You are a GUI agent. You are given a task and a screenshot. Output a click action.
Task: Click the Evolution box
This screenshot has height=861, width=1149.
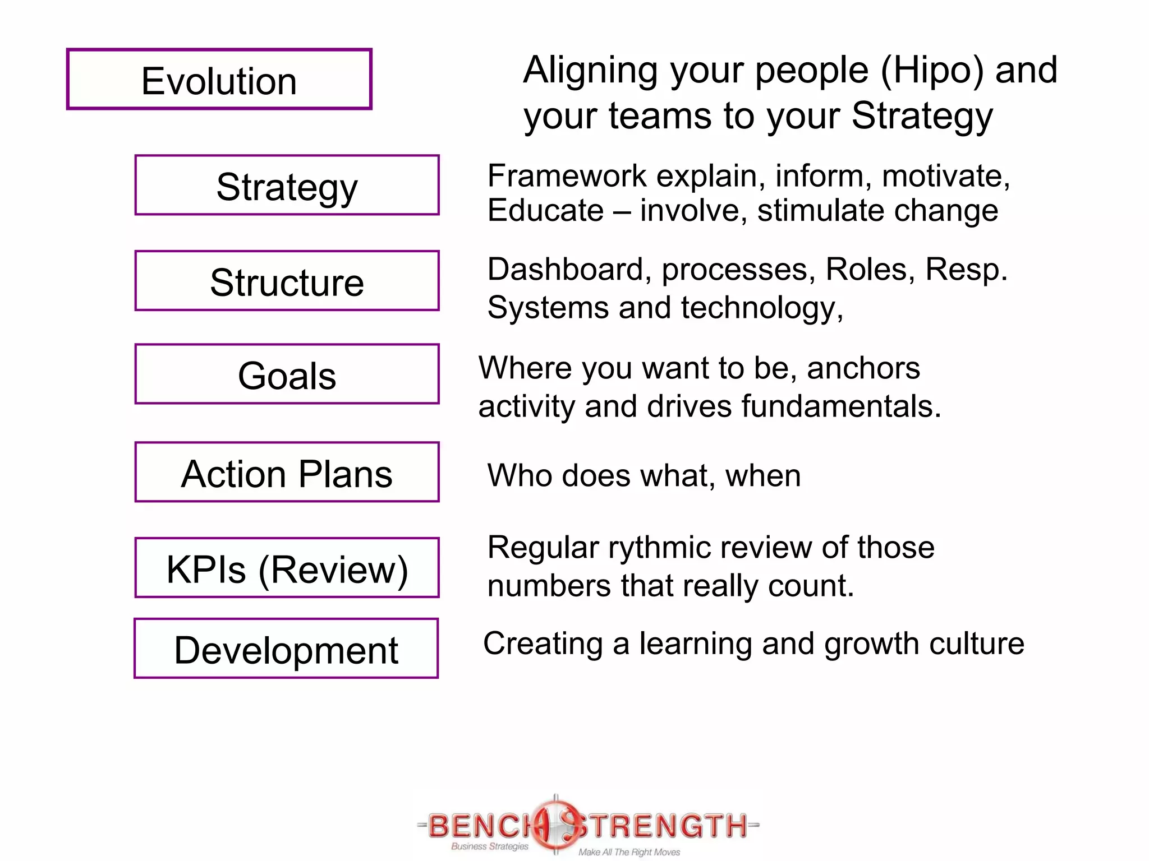point(219,80)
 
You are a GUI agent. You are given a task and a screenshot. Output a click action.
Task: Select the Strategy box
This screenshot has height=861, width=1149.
point(287,186)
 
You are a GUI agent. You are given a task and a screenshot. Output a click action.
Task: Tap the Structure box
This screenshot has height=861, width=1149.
point(287,281)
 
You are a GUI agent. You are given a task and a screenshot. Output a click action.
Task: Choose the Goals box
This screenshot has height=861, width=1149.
point(287,374)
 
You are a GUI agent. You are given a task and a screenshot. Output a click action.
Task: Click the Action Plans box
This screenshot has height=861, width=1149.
point(287,473)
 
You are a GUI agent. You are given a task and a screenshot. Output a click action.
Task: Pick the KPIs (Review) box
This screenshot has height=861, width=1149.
point(287,568)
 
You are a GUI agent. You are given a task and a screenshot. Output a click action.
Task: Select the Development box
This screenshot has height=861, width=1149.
point(286,649)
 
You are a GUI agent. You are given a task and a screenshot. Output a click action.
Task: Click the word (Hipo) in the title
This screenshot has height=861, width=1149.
point(932,71)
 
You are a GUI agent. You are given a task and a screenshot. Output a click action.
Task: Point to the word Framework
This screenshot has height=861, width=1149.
point(567,176)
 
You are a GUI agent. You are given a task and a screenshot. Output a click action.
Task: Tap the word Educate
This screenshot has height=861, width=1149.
point(545,211)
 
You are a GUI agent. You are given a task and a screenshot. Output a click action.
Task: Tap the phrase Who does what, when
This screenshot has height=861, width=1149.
point(644,475)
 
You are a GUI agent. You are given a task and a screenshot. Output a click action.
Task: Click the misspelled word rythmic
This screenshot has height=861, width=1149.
point(654,548)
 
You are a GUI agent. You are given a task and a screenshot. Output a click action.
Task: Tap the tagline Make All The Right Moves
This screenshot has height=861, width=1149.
point(629,852)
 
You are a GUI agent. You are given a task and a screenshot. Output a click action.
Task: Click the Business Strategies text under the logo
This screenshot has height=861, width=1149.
point(489,846)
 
